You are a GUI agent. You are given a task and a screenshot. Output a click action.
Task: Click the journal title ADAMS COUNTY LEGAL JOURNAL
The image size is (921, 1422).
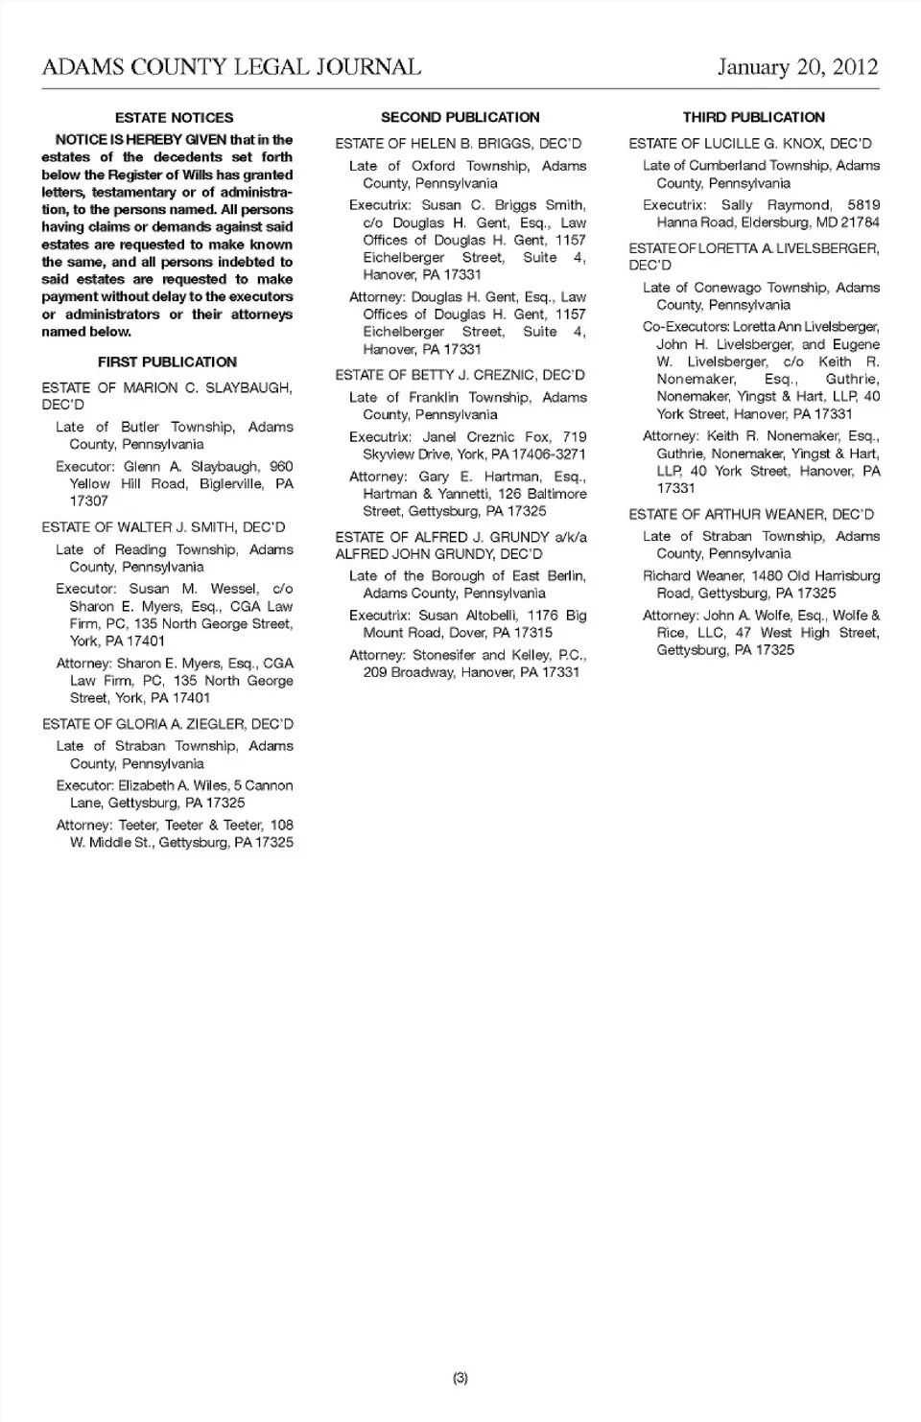pyautogui.click(x=231, y=67)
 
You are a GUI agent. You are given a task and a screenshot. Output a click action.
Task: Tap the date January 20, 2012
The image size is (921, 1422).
pyautogui.click(x=797, y=67)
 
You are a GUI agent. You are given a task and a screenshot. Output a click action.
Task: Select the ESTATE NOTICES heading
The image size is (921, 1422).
pyautogui.click(x=174, y=118)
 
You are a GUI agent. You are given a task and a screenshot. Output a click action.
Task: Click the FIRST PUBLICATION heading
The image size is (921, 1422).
pyautogui.click(x=167, y=362)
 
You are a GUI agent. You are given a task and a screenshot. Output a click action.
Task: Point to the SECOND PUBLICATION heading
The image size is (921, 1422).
pyautogui.click(x=460, y=118)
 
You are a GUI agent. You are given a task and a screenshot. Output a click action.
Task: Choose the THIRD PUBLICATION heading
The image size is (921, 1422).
pyautogui.click(x=754, y=118)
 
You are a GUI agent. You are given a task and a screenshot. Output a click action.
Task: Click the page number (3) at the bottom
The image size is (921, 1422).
pyautogui.click(x=460, y=1378)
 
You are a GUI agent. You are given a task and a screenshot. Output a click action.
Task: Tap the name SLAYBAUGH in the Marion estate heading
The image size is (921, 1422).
pyautogui.click(x=248, y=388)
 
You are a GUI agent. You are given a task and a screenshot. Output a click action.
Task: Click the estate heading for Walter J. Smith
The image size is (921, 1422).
pyautogui.click(x=163, y=527)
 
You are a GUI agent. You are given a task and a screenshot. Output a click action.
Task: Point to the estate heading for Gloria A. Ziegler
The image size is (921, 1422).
pyautogui.click(x=168, y=724)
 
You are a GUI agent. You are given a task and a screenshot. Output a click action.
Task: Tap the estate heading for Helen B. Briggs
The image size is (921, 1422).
pyautogui.click(x=459, y=144)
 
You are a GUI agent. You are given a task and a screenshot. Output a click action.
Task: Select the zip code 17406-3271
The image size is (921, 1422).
pyautogui.click(x=547, y=455)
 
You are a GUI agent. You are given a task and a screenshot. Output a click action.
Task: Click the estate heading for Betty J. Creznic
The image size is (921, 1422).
pyautogui.click(x=460, y=375)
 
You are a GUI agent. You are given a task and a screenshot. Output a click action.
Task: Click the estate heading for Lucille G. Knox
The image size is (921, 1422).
pyautogui.click(x=750, y=144)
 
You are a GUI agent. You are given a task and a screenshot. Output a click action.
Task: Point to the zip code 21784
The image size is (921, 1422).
pyautogui.click(x=859, y=222)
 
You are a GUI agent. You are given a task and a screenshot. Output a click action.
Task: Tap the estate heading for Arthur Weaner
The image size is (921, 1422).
pyautogui.click(x=751, y=515)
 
